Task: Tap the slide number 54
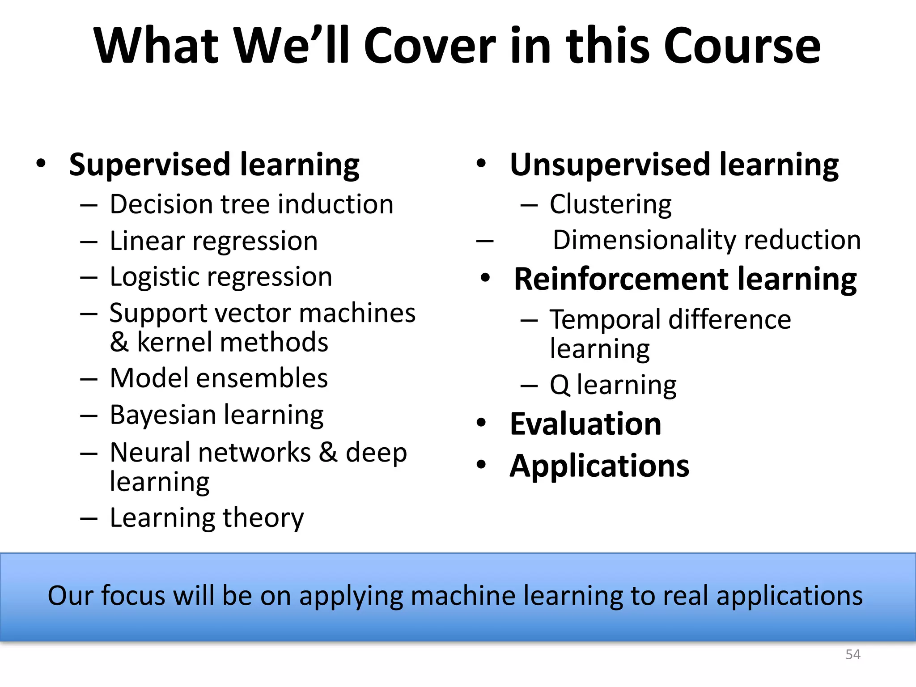[x=852, y=655]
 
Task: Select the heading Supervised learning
[x=214, y=165]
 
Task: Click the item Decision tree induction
[x=251, y=204]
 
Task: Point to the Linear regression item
[x=213, y=241]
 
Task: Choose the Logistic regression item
[x=221, y=277]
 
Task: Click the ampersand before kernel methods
[x=119, y=343]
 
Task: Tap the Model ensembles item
[x=219, y=378]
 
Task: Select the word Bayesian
[x=163, y=415]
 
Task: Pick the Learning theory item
[x=207, y=518]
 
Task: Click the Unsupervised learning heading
[x=674, y=165]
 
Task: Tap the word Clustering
[x=611, y=204]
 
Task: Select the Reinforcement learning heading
[x=685, y=279]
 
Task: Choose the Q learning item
[x=613, y=385]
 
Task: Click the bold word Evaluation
[x=585, y=424]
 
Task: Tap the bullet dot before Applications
[x=481, y=465]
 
